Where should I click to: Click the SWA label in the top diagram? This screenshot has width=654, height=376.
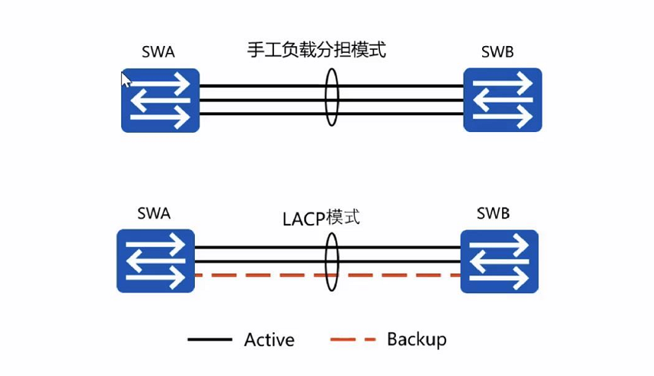coord(158,52)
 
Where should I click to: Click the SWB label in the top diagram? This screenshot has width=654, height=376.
coord(497,52)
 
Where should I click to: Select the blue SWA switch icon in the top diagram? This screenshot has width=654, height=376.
coord(160,101)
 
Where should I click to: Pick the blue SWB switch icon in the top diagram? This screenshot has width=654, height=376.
coord(503,100)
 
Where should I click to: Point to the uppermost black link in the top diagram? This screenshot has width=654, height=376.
coord(261,86)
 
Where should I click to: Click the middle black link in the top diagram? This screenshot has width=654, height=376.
coord(261,100)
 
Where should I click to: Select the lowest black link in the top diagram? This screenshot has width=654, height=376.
coord(261,114)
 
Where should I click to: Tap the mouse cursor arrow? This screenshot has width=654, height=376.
coord(126,79)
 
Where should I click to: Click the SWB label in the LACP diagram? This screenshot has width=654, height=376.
coord(493,213)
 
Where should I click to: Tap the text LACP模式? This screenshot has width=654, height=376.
coord(322,218)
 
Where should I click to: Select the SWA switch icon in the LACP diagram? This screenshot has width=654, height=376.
coord(156,261)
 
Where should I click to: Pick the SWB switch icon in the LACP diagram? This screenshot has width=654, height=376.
coord(499,261)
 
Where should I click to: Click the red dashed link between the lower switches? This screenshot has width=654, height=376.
coord(261,275)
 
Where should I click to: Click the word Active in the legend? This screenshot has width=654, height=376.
coord(269,339)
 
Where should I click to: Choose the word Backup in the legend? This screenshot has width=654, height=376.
coord(416,339)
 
